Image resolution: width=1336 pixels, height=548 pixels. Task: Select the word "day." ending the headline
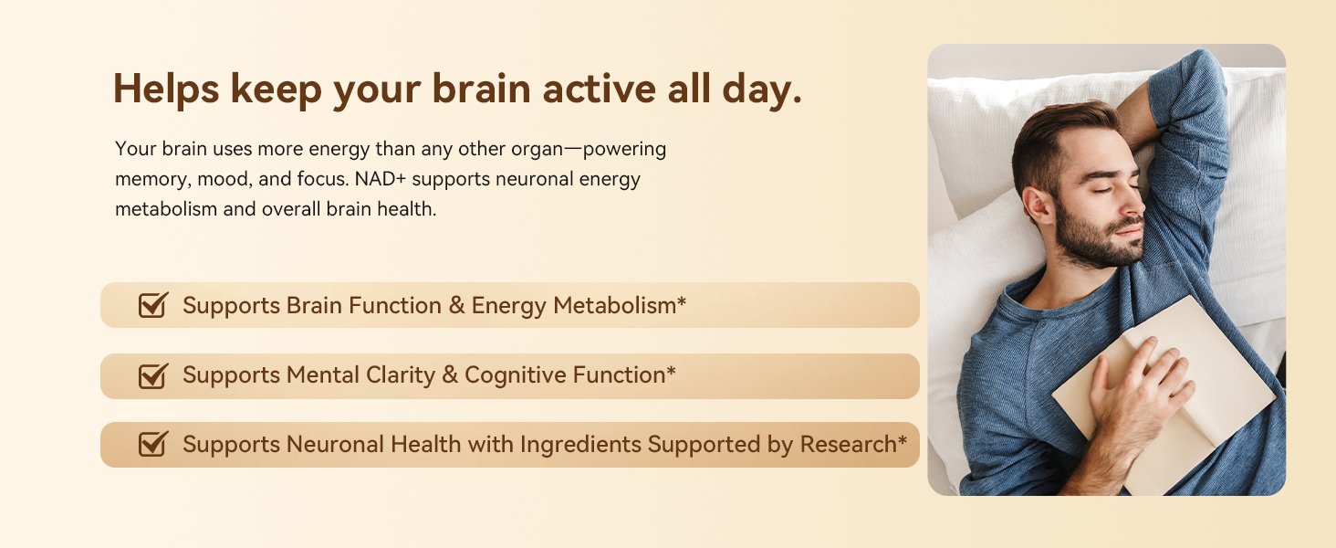pyautogui.click(x=762, y=90)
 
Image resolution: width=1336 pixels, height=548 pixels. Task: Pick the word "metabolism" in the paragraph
pyautogui.click(x=166, y=209)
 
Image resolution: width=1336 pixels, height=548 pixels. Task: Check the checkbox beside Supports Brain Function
pyautogui.click(x=152, y=305)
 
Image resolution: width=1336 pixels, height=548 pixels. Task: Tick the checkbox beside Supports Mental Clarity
pyautogui.click(x=152, y=376)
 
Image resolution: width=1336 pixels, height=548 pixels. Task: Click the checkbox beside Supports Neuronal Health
pyautogui.click(x=152, y=445)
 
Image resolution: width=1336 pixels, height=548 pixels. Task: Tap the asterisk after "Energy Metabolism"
pyautogui.click(x=682, y=300)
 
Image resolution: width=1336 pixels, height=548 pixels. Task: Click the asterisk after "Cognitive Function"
pyautogui.click(x=672, y=371)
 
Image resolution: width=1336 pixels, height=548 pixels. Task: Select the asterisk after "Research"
pyautogui.click(x=903, y=440)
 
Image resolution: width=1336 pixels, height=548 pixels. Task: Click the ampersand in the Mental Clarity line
pyautogui.click(x=450, y=375)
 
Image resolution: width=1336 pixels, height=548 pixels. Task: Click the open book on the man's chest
pyautogui.click(x=1163, y=394)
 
